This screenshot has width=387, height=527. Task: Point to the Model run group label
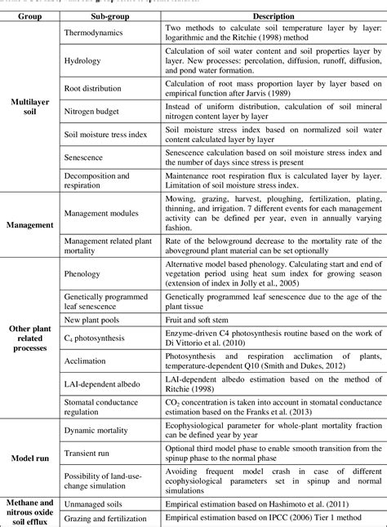pos(29,455)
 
